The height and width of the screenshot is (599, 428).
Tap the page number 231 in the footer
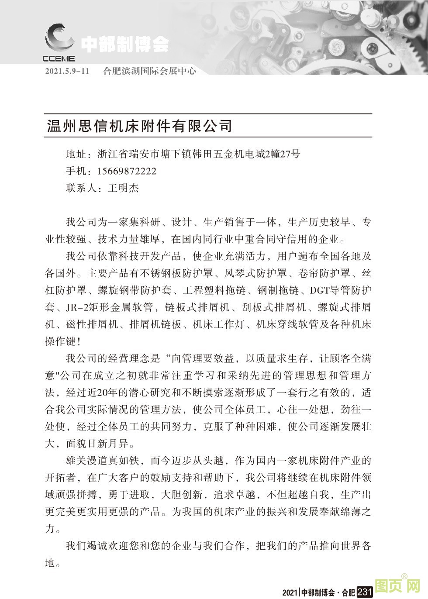click(x=364, y=592)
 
